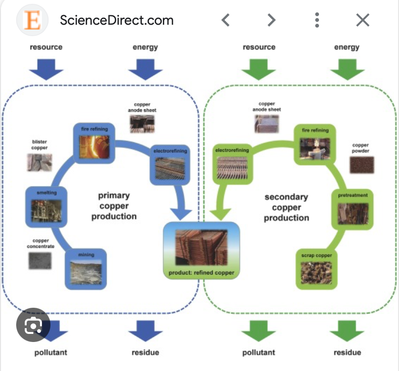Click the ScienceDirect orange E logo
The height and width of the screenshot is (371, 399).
32,20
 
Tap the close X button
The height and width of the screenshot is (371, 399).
363,20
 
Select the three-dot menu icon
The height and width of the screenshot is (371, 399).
317,20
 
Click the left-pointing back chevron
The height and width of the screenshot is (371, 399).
226,20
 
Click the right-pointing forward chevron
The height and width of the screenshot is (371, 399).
271,20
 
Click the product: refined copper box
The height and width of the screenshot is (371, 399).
201,250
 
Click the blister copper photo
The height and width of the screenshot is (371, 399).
40,161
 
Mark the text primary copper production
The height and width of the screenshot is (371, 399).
114,205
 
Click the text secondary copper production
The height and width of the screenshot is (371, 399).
286,207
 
